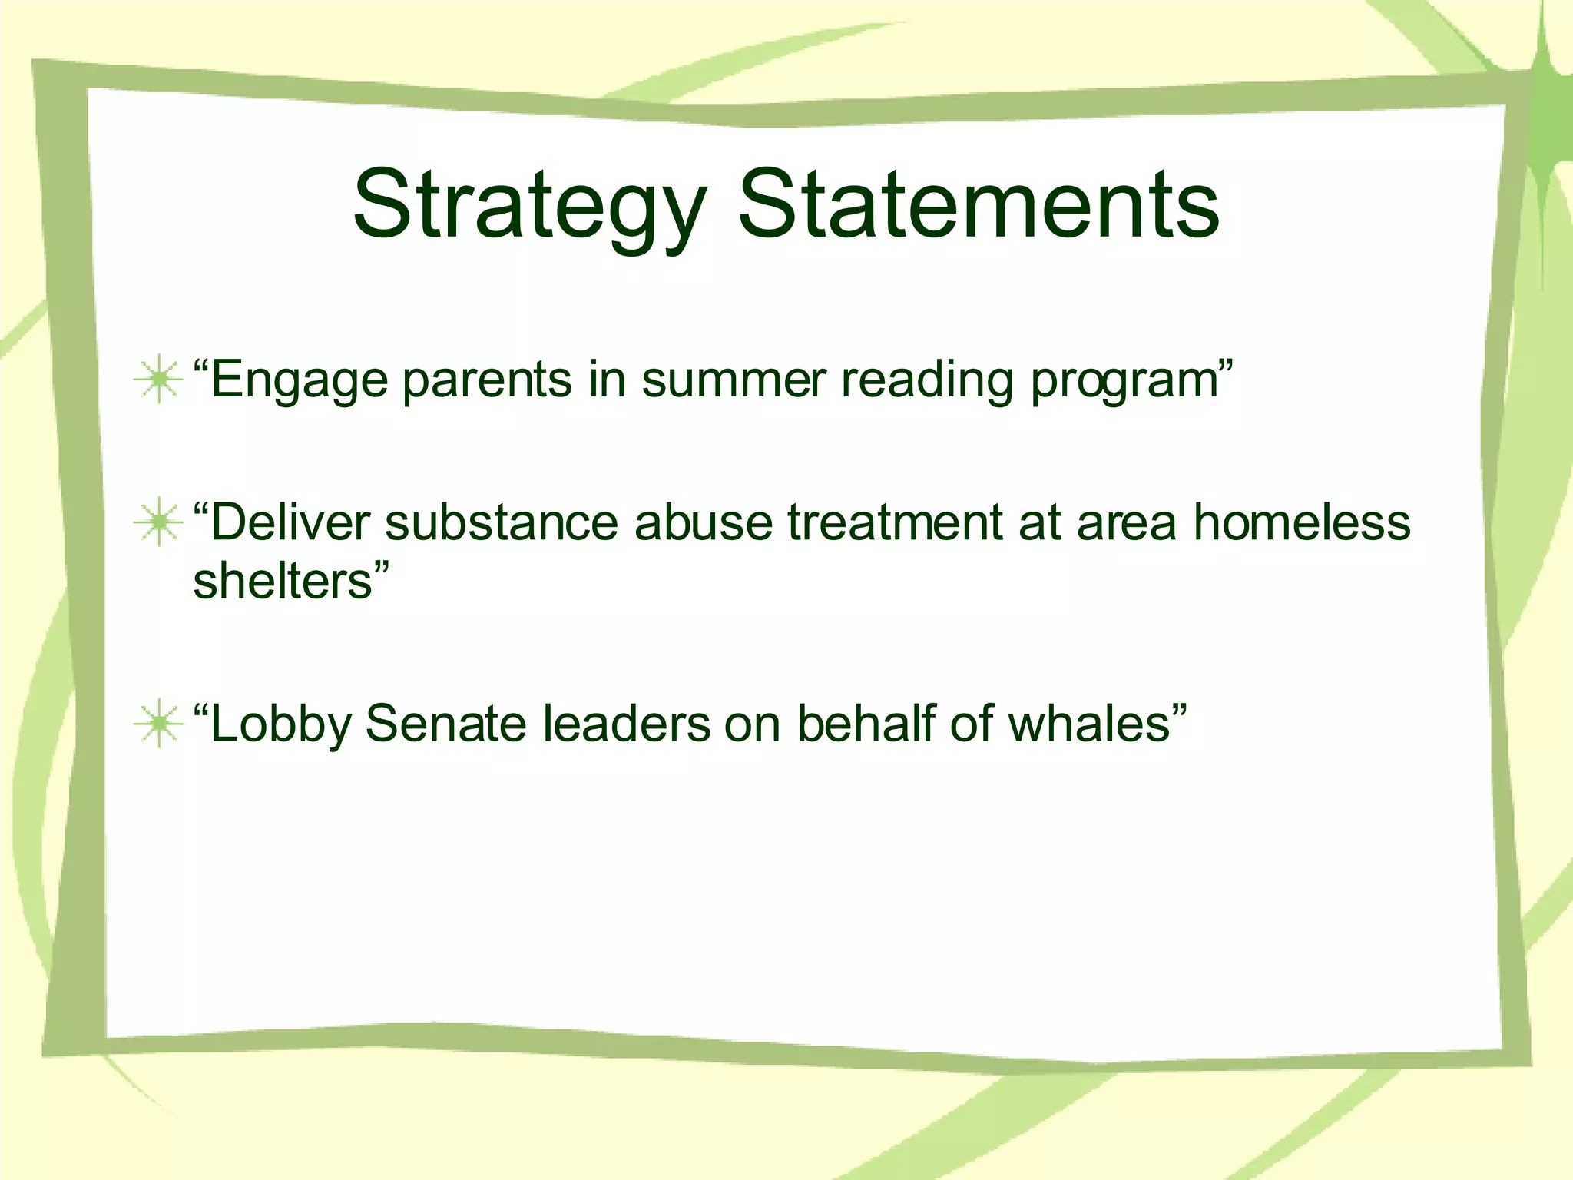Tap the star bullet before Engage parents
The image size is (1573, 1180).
[x=158, y=379]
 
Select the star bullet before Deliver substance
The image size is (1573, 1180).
[x=158, y=522]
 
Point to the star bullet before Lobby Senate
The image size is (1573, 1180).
[x=158, y=724]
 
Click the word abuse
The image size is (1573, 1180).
[x=703, y=522]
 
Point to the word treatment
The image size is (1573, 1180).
[x=896, y=522]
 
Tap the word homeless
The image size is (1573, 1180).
[x=1302, y=522]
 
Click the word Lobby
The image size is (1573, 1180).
[x=280, y=725]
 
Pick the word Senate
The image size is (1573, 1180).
[x=445, y=724]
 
